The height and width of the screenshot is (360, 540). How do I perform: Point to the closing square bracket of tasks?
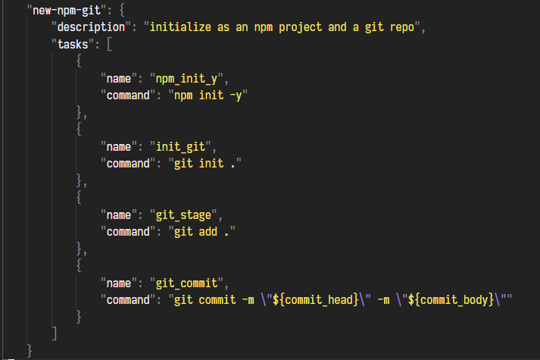pos(54,333)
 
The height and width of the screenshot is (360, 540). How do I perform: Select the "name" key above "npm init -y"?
pos(118,78)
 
